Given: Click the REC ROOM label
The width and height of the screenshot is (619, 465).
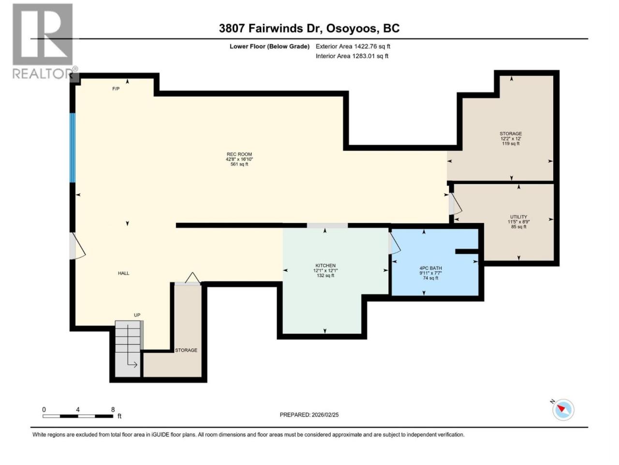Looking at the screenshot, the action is pos(239,154).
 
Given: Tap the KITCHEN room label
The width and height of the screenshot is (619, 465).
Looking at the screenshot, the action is pos(325,265).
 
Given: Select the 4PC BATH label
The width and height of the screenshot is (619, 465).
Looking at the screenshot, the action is pos(430,268).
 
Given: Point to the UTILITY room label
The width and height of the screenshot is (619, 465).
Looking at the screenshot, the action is pos(518,217).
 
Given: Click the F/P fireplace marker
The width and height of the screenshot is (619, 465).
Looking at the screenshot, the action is pos(116,89).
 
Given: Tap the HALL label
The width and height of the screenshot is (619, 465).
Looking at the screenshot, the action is pos(123,273).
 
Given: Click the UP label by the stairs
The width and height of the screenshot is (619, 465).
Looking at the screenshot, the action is pos(137,315).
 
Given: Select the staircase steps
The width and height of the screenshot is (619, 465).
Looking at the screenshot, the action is pos(128,348).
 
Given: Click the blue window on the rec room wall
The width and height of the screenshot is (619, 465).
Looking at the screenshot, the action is pos(73,148).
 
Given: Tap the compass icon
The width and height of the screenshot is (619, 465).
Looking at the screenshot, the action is pos(563,410).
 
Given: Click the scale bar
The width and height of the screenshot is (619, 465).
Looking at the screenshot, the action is pos(78,416).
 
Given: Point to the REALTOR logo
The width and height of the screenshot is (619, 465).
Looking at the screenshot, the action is pos(45,41).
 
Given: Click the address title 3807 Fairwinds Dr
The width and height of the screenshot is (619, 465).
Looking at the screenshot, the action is pos(271,29).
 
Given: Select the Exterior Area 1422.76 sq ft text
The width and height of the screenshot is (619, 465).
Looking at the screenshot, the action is pos(353,46).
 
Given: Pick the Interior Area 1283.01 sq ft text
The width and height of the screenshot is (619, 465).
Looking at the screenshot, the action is pos(352,56).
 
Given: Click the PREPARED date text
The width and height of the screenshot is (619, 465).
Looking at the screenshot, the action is pos(309,415).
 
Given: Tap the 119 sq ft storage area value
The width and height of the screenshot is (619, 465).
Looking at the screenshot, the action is pos(511,143).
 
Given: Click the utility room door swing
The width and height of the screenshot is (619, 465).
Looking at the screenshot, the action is pos(455,203).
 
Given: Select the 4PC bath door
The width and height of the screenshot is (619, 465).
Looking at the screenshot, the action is pos(394,243).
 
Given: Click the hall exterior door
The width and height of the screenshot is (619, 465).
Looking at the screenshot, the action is pos(77,246).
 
